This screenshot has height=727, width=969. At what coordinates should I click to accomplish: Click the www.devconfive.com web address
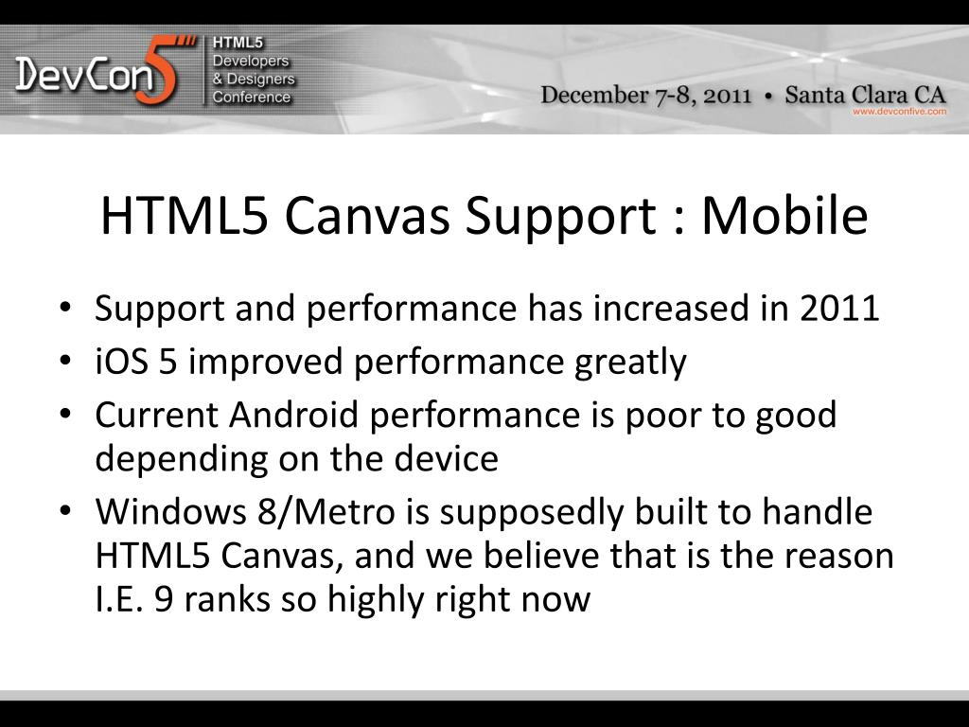(x=899, y=112)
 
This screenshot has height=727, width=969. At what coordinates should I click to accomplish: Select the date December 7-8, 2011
(x=646, y=95)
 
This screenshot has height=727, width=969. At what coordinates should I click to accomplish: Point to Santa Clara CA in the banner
(x=866, y=95)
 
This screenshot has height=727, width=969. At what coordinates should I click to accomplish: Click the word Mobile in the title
(x=784, y=217)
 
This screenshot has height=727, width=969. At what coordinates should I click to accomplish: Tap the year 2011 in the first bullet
(x=840, y=309)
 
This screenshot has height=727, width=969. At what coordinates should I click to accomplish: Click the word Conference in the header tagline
(x=251, y=98)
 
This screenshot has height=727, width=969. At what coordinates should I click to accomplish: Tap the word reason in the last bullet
(x=837, y=557)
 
